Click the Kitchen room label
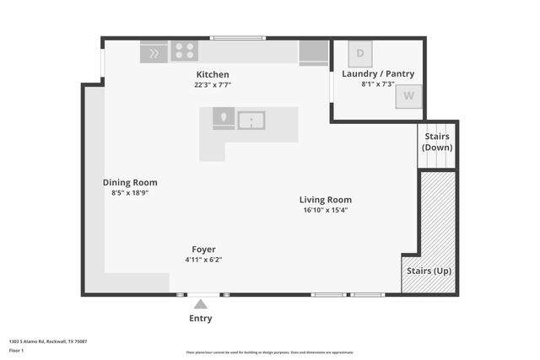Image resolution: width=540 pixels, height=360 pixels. [212, 74]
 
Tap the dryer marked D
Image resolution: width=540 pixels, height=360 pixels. [360, 54]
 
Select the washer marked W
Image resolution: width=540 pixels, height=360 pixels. [408, 96]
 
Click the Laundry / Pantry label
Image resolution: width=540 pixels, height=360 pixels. [378, 74]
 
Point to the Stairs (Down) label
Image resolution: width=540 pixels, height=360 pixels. [437, 142]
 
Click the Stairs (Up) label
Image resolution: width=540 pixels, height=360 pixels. [429, 271]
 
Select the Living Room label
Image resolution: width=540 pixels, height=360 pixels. [325, 200]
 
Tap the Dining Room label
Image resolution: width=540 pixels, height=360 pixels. [130, 182]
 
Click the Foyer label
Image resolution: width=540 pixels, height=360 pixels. [203, 250]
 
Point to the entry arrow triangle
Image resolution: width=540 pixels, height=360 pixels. [201, 304]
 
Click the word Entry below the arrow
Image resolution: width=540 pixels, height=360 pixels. [201, 319]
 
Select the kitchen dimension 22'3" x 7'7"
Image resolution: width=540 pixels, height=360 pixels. [213, 85]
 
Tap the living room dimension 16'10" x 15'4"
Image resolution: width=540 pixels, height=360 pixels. [325, 210]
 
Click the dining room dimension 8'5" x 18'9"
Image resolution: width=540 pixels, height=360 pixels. [130, 192]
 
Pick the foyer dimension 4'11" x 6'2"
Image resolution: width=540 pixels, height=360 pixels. [203, 260]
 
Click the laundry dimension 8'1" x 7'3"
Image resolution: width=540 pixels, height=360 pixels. [378, 84]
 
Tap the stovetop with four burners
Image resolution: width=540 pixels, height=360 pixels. [185, 51]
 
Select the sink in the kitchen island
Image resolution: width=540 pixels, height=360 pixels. [251, 121]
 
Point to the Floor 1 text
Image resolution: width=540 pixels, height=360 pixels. [16, 349]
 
